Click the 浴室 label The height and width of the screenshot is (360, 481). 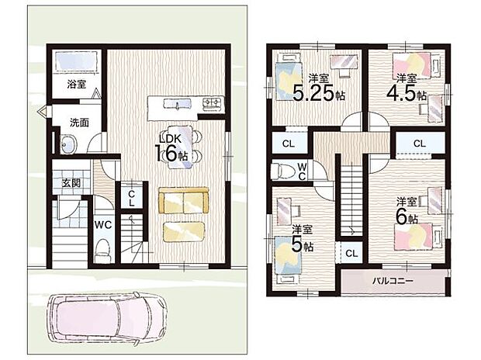[75, 84]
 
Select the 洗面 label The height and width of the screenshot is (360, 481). [79, 122]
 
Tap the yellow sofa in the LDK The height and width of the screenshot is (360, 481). [183, 200]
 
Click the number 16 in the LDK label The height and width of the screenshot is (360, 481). [165, 153]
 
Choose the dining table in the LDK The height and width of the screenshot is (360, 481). [180, 145]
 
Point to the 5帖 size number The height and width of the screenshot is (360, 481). [298, 246]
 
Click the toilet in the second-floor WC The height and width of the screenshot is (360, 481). [281, 171]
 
